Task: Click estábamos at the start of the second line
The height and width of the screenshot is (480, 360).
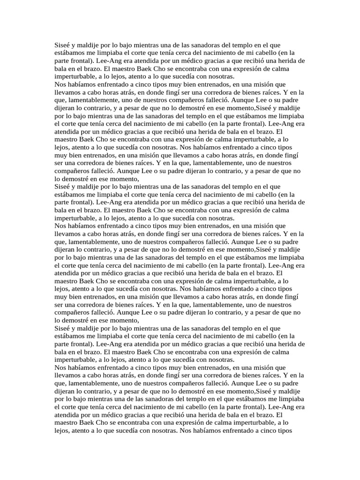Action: point(71,53)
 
